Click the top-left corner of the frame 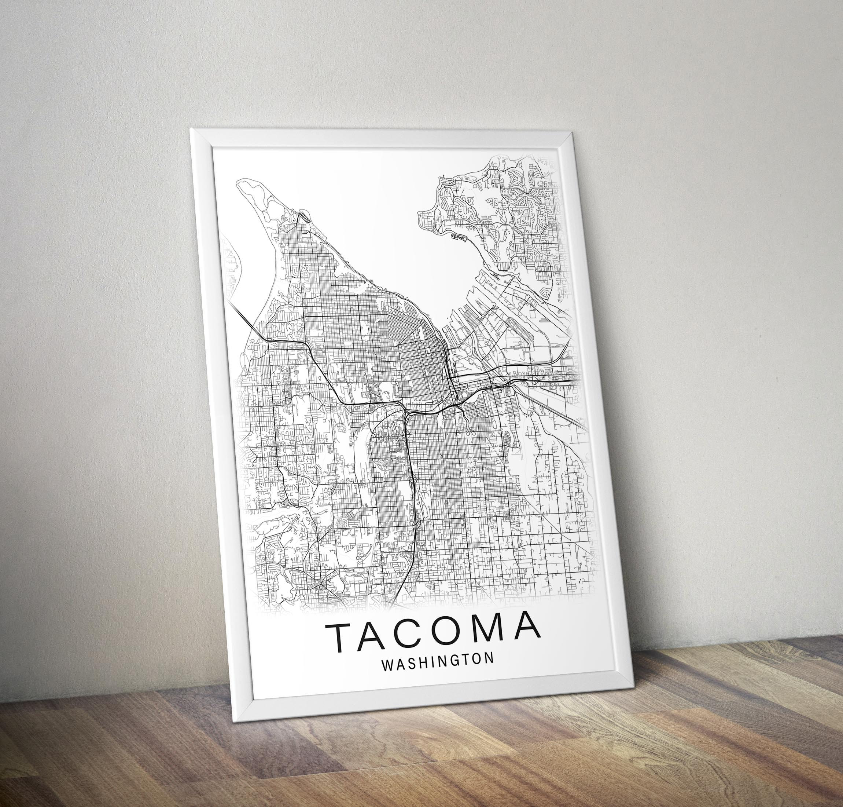[191, 129]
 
